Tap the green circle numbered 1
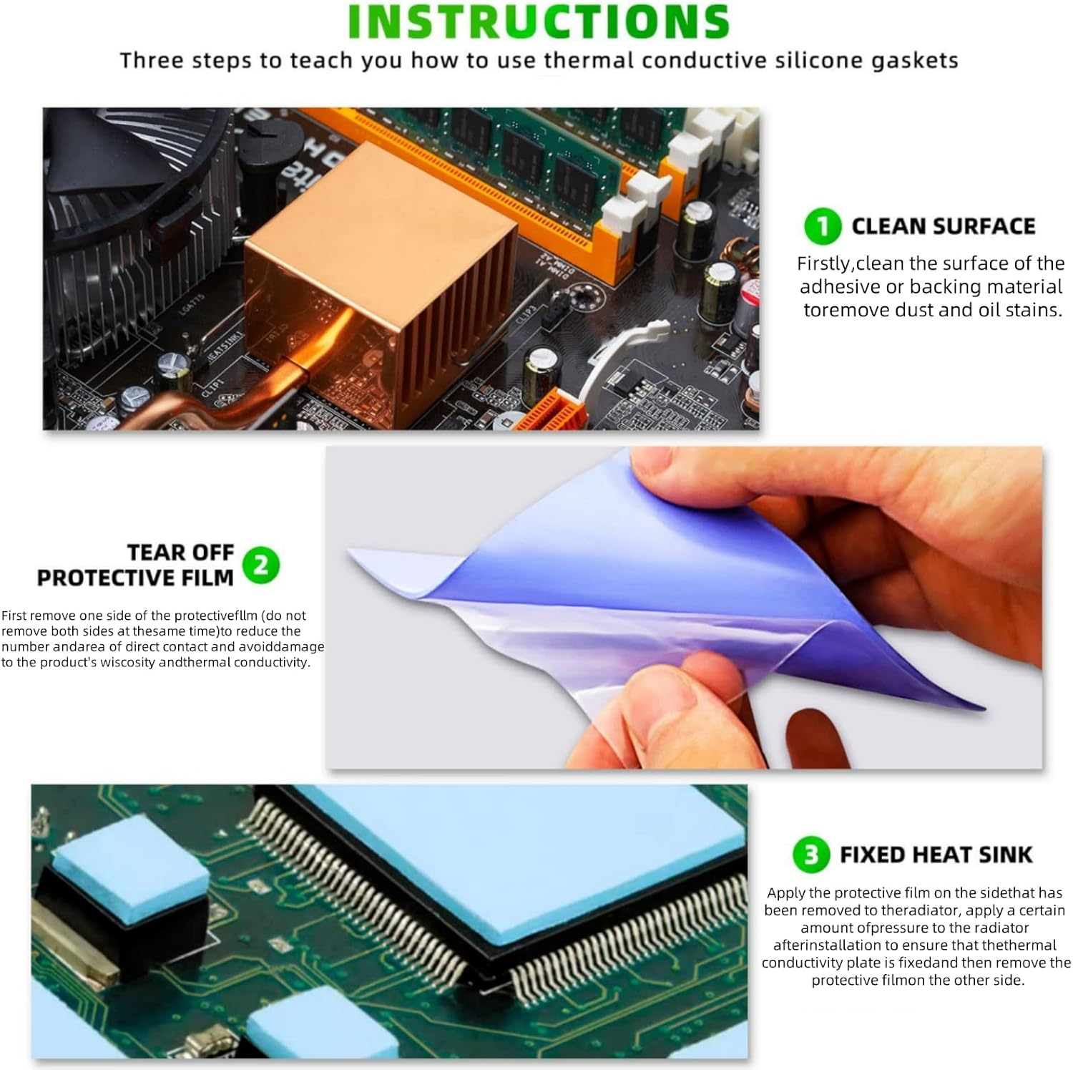tap(823, 226)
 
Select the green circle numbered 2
tap(260, 565)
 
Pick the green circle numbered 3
tap(811, 855)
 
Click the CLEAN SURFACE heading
tap(944, 226)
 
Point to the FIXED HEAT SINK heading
tap(936, 855)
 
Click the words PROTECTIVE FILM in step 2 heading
tap(135, 578)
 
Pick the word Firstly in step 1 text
tap(825, 264)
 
